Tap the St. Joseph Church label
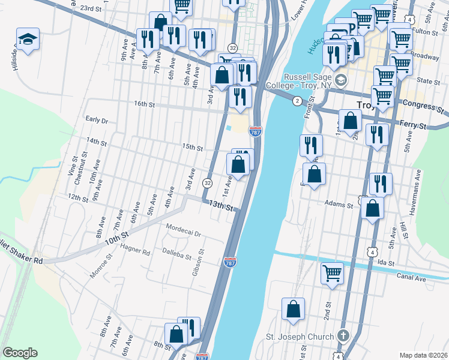coord(300,337)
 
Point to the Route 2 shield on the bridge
coord(297,101)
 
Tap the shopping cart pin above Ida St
coord(332,273)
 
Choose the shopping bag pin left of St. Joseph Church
coord(294,310)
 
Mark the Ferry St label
coord(414,126)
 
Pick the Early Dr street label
coord(96,119)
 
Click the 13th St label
coord(221,205)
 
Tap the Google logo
coord(20,353)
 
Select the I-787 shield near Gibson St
coord(229,262)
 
